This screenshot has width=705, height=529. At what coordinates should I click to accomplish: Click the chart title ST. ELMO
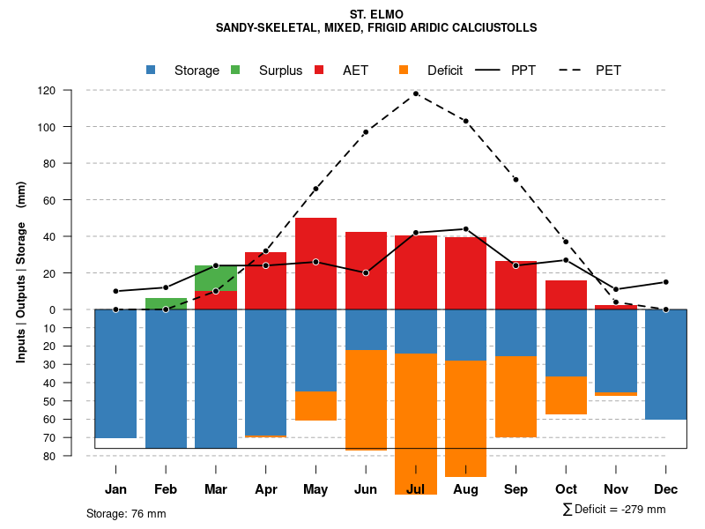click(376, 14)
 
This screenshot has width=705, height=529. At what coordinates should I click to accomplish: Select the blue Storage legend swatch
click(152, 70)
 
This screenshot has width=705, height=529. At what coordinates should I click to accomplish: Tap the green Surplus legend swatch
click(235, 70)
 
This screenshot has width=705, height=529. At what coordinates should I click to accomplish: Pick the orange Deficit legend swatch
click(404, 70)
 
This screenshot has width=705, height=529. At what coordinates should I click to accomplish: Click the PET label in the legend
click(608, 71)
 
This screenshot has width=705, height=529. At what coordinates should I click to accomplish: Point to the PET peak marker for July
click(416, 93)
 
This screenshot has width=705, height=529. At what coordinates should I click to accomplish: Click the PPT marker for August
click(465, 229)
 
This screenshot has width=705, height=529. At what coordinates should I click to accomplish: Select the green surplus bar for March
click(215, 278)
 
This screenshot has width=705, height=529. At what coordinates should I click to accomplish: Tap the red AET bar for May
click(315, 263)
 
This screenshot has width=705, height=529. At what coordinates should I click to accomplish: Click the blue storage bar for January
click(115, 373)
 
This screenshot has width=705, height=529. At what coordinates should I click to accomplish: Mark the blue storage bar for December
click(665, 364)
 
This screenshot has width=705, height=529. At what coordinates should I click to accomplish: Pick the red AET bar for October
click(566, 294)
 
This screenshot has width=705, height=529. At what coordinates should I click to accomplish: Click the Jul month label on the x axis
click(416, 489)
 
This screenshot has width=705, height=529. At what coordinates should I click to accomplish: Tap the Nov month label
click(616, 489)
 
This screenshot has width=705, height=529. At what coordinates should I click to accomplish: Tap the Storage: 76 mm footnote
click(126, 513)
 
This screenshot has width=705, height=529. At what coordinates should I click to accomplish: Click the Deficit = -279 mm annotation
click(613, 509)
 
